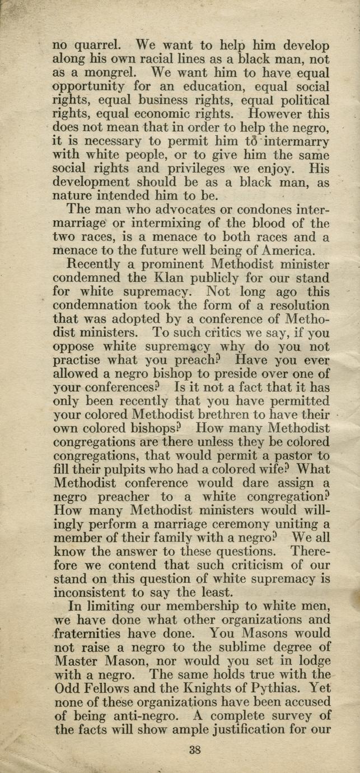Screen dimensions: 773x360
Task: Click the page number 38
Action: [195, 751]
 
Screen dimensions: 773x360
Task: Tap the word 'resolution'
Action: [293, 305]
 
